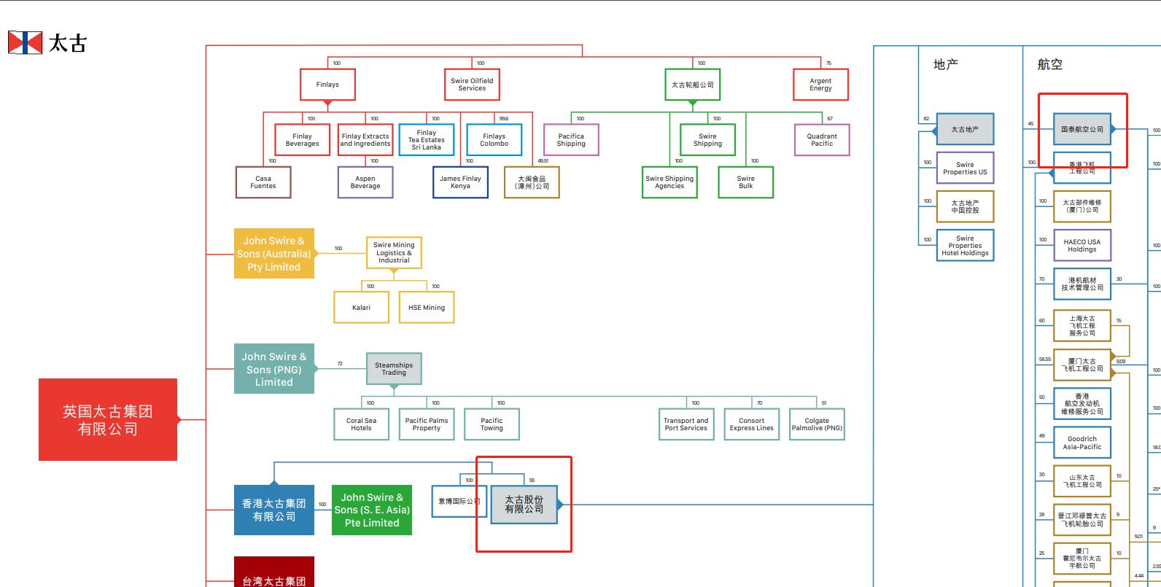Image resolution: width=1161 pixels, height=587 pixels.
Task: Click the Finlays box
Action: tap(327, 85)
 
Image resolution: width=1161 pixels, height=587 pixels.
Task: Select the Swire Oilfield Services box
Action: tap(472, 85)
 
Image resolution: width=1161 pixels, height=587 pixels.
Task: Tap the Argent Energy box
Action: tap(820, 85)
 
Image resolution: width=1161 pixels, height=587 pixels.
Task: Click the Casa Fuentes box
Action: tap(263, 182)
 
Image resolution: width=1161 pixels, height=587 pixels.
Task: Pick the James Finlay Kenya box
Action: tap(460, 182)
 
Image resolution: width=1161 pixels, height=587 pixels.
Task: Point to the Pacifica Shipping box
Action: tap(571, 140)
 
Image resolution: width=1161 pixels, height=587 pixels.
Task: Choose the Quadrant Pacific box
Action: tap(822, 140)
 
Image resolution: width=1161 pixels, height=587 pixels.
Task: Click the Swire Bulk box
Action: tap(745, 182)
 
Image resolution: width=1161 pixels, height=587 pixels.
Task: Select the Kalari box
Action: tap(361, 307)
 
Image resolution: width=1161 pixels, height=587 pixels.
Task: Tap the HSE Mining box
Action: tap(427, 307)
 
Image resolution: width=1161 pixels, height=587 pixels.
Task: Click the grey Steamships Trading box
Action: tap(394, 369)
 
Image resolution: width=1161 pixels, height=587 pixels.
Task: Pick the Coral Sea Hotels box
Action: tap(361, 424)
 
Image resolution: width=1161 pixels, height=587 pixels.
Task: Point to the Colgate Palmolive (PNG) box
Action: tap(817, 424)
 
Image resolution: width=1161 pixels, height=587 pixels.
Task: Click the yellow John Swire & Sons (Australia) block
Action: tap(273, 254)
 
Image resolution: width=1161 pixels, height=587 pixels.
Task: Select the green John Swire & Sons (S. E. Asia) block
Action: tap(372, 510)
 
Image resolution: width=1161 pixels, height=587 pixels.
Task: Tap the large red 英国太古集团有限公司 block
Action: tap(108, 420)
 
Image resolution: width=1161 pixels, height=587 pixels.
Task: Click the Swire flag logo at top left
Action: tap(25, 43)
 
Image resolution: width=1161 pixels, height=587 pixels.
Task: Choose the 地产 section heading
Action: tap(946, 65)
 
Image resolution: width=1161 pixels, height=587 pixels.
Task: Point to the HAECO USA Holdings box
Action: tap(1082, 246)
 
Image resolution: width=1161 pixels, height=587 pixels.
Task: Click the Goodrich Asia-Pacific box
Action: tap(1082, 443)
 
